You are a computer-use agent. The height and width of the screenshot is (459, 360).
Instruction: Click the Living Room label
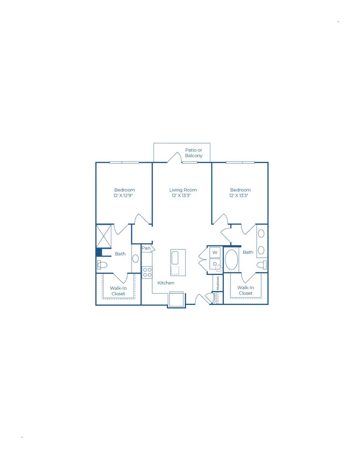[183, 190]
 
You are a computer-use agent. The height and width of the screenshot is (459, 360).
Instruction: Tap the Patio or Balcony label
[194, 153]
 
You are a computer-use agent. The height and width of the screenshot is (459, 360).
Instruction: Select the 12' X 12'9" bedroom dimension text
[123, 195]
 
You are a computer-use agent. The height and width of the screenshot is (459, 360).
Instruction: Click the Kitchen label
[166, 283]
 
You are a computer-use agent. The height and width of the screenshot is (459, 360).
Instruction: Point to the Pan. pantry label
[147, 248]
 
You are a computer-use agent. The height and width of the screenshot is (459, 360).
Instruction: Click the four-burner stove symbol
[147, 272]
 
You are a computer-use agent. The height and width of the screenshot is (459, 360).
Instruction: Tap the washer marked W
[215, 252]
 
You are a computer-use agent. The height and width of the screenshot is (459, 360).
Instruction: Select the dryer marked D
[215, 264]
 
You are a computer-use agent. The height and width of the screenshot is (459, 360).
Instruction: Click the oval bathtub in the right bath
[231, 260]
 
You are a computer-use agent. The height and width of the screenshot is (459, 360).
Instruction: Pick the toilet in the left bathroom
[102, 265]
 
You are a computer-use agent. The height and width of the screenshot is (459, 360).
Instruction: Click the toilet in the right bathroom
[262, 265]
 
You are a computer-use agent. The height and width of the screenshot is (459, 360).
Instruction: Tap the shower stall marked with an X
[104, 236]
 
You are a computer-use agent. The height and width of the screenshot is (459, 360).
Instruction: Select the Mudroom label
[218, 283]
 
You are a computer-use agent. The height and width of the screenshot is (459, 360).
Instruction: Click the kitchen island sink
[175, 258]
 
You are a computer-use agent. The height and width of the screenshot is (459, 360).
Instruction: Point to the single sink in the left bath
[135, 259]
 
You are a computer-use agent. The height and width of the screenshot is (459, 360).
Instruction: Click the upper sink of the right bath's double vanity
[261, 234]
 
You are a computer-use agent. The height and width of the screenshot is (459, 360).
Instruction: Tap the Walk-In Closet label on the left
[118, 291]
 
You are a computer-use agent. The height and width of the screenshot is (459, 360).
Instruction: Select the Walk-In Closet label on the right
[246, 290]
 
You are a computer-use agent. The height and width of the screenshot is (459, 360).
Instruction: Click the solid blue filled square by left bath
[99, 252]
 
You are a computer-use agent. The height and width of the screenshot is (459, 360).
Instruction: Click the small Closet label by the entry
[214, 298]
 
